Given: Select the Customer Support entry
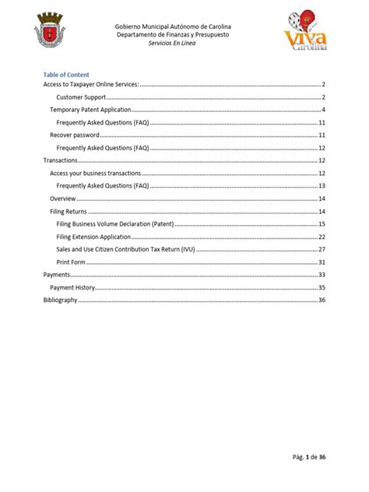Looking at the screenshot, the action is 81,97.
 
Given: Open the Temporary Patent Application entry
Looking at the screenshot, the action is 86,111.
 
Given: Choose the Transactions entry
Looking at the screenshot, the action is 60,160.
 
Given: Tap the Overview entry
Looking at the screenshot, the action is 62,199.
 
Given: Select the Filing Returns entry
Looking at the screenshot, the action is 68,211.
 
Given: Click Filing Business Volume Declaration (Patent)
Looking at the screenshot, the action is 114,223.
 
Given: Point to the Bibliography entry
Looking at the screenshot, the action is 60,300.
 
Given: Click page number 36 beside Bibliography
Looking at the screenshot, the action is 321,300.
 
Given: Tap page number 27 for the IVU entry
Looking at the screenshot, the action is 321,249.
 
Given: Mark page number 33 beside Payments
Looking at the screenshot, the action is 321,274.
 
